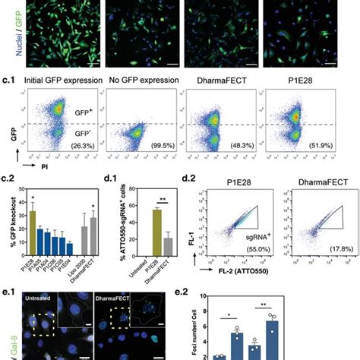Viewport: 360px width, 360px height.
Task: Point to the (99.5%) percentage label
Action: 159,167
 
